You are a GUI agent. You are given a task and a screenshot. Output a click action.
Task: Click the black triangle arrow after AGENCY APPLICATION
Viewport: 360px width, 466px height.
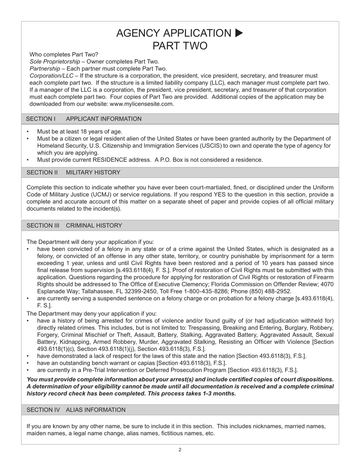click(x=238, y=33)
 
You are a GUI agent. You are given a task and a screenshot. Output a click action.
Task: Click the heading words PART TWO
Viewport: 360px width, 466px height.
click(x=180, y=46)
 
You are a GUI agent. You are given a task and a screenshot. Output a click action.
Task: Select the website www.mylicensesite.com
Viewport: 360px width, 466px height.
click(x=141, y=104)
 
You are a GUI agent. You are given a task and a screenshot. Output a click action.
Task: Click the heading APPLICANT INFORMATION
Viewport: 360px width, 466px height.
click(x=103, y=119)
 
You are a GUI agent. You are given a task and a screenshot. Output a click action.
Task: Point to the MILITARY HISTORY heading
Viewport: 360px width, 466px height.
click(x=93, y=172)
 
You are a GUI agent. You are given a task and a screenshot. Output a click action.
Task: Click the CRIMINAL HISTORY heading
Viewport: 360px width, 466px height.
click(x=94, y=225)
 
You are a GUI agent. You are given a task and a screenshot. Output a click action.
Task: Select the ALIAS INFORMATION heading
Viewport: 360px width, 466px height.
click(x=95, y=410)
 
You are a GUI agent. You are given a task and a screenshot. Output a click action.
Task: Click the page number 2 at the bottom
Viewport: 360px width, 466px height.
click(x=180, y=450)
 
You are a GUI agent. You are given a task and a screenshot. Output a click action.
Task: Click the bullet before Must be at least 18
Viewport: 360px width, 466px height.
click(x=28, y=132)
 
